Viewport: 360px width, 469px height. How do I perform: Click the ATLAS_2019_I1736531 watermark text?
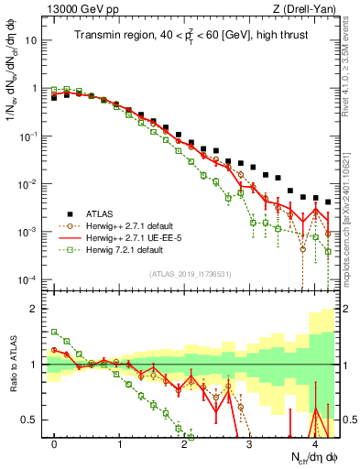tap(191, 274)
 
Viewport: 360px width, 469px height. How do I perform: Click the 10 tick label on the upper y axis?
tap(32, 40)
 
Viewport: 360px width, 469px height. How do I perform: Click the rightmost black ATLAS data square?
tap(327, 202)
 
